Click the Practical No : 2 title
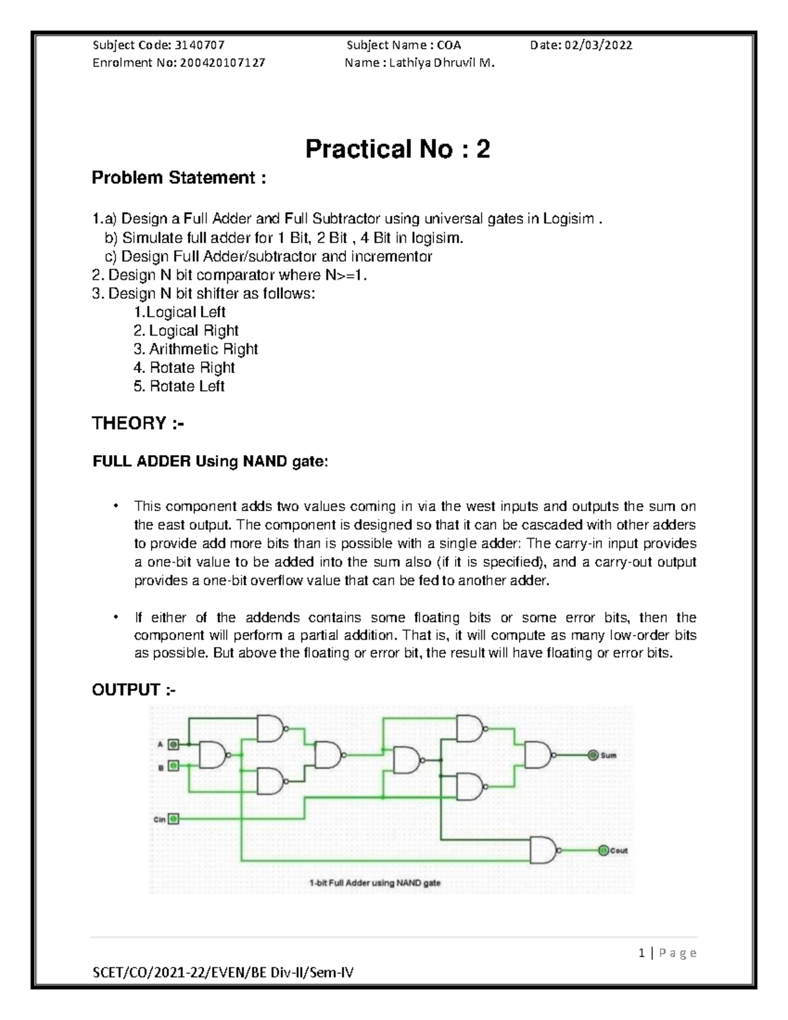coord(397,150)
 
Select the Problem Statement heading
coord(179,178)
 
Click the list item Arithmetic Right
coord(196,349)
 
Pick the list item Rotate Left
coord(179,386)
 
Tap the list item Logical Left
coord(179,313)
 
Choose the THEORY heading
coord(138,424)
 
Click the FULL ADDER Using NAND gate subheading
coord(209,462)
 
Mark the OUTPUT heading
coord(134,690)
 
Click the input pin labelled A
coord(173,744)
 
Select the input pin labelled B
coord(173,766)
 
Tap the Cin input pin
coord(173,819)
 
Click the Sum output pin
coord(593,755)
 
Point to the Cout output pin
coord(603,851)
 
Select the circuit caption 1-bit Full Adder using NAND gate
coord(374,883)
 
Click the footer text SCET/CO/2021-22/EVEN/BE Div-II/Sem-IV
coord(223,973)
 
